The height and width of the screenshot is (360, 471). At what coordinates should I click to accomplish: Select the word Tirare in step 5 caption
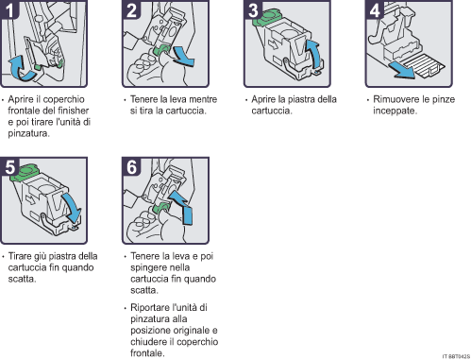[x=22, y=256]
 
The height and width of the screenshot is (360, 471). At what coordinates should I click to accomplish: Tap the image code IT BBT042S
[x=454, y=355]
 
